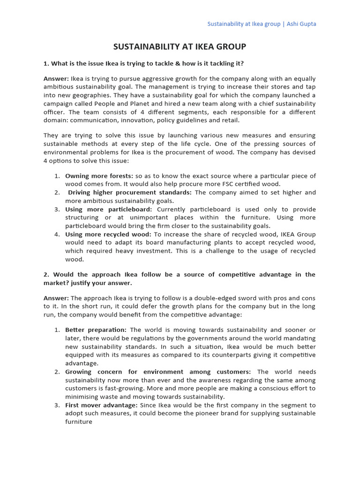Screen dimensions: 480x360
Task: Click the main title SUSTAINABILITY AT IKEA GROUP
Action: [x=180, y=47]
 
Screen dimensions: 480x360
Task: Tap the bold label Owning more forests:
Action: [x=99, y=176]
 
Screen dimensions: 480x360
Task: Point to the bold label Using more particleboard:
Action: [x=108, y=209]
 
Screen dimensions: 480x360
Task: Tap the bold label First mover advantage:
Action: [x=101, y=405]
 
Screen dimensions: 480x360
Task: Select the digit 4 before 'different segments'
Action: [x=138, y=112]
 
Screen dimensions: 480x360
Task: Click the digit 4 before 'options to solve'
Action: [x=45, y=161]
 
